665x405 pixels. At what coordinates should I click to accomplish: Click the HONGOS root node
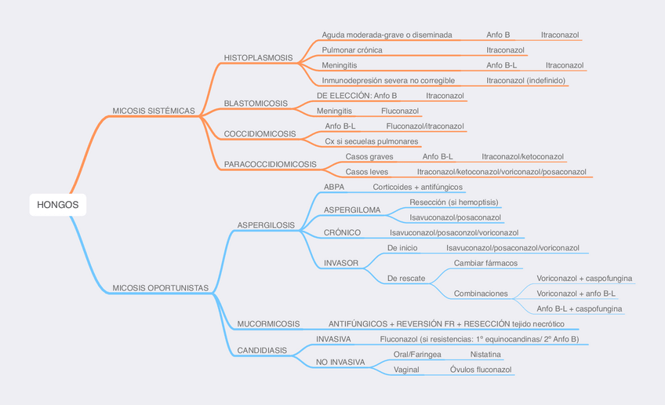point(57,205)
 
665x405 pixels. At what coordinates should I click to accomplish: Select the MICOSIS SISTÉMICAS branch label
point(154,111)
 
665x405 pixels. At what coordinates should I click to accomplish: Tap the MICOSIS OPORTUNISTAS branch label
point(161,288)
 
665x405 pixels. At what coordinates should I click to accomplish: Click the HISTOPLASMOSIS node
point(258,58)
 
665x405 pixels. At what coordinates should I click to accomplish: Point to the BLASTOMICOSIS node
point(255,104)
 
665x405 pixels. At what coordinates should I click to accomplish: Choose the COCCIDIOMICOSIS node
point(260,134)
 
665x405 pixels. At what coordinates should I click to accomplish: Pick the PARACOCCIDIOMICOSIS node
point(270,165)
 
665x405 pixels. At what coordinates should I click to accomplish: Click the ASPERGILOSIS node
point(266,225)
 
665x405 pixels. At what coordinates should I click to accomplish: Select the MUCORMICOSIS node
point(268,323)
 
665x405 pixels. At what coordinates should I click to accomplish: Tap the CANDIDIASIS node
point(261,350)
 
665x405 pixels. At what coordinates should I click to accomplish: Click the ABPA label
point(333,187)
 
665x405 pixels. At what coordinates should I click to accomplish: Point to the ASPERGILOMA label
point(352,210)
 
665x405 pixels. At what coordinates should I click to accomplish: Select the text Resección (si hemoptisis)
point(453,202)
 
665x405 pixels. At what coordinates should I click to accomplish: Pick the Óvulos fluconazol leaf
point(481,370)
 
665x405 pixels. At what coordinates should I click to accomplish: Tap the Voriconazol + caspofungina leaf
point(584,278)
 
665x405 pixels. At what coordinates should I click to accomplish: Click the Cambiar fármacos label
point(485,263)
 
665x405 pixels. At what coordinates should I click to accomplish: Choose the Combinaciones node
point(481,294)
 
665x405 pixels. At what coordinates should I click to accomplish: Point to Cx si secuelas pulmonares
point(371,141)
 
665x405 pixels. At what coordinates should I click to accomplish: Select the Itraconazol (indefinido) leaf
point(526,80)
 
